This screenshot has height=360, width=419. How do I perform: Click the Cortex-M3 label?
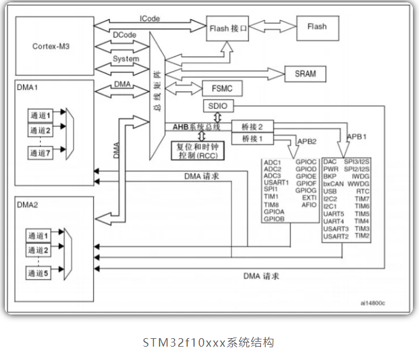pos(51,46)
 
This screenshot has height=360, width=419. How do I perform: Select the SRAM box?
pos(306,74)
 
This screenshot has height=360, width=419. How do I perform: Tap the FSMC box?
pos(223,88)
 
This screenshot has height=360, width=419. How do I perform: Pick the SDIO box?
pos(218,106)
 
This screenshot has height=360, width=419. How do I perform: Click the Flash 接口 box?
pos(227,29)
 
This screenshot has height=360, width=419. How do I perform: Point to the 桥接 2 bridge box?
pos(252,126)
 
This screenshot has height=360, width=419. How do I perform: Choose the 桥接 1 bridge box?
pos(252,138)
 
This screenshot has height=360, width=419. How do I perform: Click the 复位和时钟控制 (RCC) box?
pos(198,151)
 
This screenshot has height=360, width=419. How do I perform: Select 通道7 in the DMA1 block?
pos(41,153)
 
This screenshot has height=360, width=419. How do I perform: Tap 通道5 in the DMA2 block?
pos(38,273)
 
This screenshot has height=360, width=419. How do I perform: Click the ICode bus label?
pos(150,18)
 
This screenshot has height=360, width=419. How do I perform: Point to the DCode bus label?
pos(124,35)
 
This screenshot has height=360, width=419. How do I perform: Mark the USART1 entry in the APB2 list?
pos(277,182)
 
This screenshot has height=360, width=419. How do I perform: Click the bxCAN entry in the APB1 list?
pos(334,184)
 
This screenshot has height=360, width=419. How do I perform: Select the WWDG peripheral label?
pos(358,184)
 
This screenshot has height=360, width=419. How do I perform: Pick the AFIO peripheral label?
pos(309,205)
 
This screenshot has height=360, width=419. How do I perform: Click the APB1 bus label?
pos(357,137)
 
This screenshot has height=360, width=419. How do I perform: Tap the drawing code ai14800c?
pos(373,303)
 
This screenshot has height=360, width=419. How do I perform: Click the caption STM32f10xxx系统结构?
pos(209,342)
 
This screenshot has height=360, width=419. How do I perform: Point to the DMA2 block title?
pos(27,205)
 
